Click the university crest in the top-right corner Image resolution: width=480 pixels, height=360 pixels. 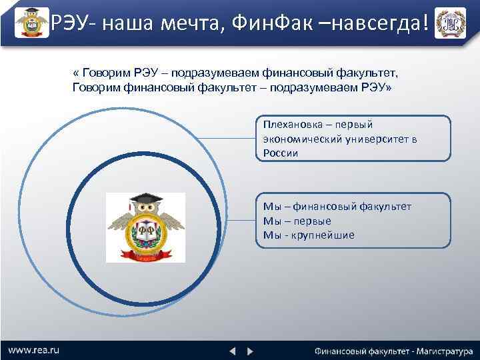coord(450,23)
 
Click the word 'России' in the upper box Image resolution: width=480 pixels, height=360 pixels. coord(281,153)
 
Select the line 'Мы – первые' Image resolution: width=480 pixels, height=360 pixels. coord(297,221)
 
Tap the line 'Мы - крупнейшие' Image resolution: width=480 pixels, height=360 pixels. coord(309,235)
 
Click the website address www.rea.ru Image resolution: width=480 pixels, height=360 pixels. coord(34,350)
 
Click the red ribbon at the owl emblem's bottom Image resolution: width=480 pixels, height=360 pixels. coord(145,254)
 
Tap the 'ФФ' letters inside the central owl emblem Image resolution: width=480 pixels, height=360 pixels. coord(145,231)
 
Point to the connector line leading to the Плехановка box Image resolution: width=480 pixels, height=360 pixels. coord(227,139)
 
